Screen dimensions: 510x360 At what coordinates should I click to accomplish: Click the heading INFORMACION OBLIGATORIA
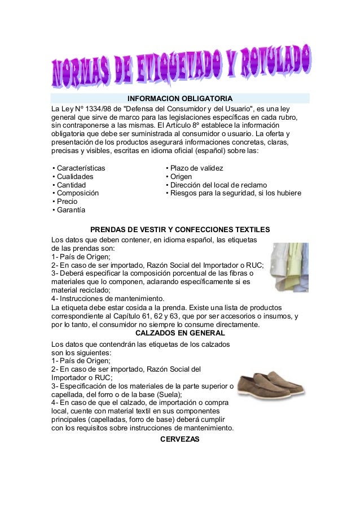tap(180, 98)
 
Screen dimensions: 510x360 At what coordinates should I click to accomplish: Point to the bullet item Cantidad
tap(69, 185)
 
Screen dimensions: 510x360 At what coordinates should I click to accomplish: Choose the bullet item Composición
tap(74, 193)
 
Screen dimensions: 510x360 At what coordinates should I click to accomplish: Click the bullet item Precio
tap(65, 202)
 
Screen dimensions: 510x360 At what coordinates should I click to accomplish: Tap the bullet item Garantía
tap(68, 210)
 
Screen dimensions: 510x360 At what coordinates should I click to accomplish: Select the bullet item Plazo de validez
tap(195, 168)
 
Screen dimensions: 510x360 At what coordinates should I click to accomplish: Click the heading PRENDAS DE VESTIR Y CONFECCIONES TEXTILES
tap(180, 229)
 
